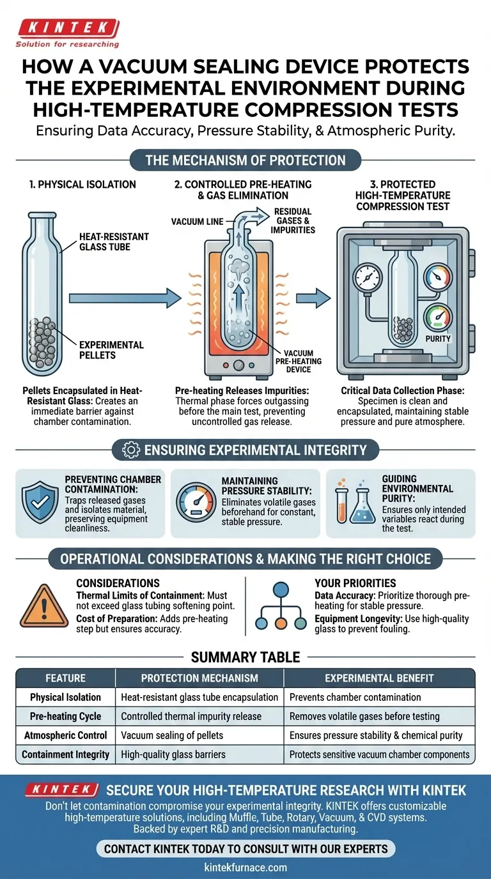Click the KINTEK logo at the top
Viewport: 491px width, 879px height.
(x=68, y=33)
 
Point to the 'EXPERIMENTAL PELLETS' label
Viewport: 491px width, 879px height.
(x=111, y=350)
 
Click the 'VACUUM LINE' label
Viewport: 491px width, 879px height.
(x=197, y=222)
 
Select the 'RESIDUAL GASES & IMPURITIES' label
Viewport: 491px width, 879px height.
(x=293, y=221)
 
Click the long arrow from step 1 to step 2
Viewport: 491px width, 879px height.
(x=125, y=298)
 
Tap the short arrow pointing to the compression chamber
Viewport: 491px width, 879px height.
(x=313, y=298)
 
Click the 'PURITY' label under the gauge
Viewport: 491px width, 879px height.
(x=438, y=339)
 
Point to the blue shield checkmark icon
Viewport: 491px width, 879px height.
(x=40, y=502)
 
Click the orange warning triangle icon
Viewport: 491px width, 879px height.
(x=44, y=606)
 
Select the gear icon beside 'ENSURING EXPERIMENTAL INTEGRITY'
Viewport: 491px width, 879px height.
(x=131, y=450)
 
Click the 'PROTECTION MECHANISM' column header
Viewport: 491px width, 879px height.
(x=199, y=678)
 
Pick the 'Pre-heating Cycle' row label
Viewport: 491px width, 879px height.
(x=66, y=716)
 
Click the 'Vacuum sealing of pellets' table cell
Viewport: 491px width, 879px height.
(x=172, y=735)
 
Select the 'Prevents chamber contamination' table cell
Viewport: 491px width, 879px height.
(x=355, y=698)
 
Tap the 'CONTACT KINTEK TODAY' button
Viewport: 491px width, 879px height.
(x=246, y=849)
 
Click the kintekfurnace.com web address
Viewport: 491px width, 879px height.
(x=245, y=868)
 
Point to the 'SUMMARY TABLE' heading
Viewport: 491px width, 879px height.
(x=245, y=657)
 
